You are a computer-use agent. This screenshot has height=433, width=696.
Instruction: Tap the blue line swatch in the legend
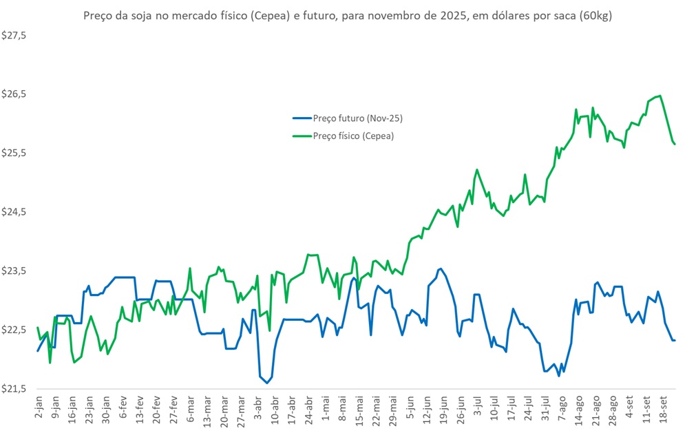(301, 118)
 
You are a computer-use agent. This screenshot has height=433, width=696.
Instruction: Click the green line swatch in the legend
(301, 136)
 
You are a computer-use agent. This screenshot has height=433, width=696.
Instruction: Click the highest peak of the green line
(660, 96)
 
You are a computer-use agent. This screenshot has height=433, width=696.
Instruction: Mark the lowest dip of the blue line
(267, 382)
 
